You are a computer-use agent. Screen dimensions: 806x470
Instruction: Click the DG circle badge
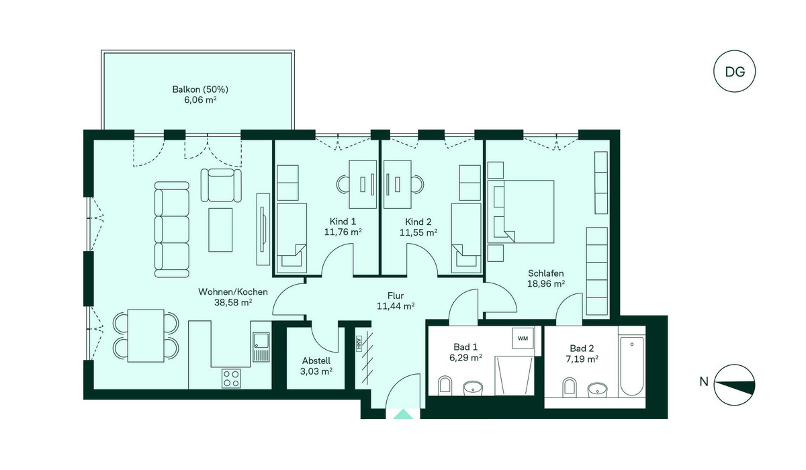coord(734,72)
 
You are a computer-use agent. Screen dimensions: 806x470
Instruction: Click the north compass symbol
coord(734,385)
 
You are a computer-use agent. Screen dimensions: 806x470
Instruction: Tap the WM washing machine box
coord(523,338)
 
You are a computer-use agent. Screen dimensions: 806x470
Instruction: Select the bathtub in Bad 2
coord(631,366)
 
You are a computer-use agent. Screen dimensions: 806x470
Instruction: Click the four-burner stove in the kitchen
coord(231,378)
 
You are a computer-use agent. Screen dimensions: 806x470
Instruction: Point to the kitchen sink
coord(261,346)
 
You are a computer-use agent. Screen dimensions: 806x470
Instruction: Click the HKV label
coord(359,343)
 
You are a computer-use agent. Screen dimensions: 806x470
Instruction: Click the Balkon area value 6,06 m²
coord(200,100)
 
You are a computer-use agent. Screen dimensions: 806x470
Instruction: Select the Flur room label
coord(396,295)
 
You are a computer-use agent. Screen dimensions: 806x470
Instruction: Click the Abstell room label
coord(316,361)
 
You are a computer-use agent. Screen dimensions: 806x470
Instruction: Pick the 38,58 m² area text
coord(233,302)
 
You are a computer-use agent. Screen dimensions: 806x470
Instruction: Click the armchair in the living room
coord(221,185)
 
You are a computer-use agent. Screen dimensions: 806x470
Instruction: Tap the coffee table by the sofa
coord(220,230)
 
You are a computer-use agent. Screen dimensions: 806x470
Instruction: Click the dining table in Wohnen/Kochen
coord(146,336)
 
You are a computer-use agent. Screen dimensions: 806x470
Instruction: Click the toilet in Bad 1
coord(445,386)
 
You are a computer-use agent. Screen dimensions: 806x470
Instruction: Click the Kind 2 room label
coord(418,222)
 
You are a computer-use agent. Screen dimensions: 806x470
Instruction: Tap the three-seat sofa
coord(172,230)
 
